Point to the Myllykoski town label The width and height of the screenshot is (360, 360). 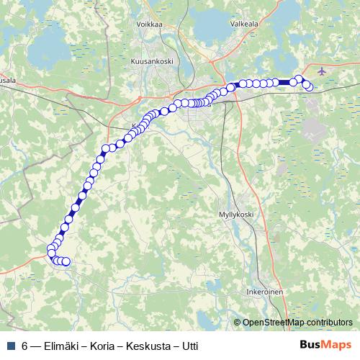(238, 215)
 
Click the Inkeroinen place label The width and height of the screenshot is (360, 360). (264, 292)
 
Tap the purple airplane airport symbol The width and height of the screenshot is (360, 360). (320, 71)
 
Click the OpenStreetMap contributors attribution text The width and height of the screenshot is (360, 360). (297, 322)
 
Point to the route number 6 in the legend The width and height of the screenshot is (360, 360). (25, 345)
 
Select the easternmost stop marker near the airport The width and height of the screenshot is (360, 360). (309, 87)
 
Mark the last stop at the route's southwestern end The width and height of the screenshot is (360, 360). (66, 262)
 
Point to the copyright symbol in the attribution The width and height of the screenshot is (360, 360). (238, 322)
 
